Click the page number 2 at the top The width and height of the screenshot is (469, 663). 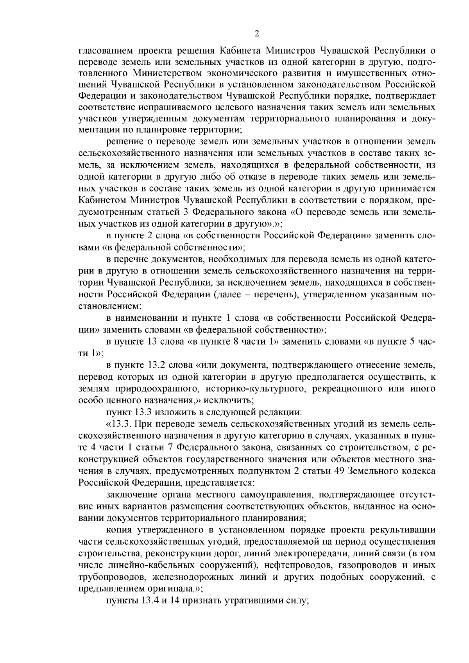coord(256,34)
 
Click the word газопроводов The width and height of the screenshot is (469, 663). coord(370,565)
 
